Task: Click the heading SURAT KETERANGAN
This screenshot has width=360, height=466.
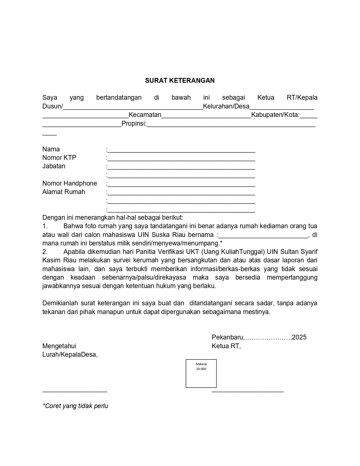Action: point(180,80)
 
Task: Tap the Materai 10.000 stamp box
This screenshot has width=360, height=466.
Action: point(201,373)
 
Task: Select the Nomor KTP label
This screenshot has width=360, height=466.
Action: point(59,158)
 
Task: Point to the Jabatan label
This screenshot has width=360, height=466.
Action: point(54,166)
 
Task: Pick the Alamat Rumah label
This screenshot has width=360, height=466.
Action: point(64,192)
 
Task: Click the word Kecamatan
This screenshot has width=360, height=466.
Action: point(145,115)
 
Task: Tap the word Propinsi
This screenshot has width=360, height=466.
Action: point(134,123)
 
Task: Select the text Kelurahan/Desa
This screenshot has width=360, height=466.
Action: point(226,106)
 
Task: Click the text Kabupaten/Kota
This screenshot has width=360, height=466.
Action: point(275,115)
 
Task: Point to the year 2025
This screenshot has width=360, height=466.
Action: point(299,337)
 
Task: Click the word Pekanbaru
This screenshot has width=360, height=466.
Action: point(227,337)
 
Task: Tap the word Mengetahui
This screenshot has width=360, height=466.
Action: point(59,346)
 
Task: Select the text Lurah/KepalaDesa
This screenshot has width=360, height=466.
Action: point(69,354)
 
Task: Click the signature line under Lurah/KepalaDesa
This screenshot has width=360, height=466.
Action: point(75,391)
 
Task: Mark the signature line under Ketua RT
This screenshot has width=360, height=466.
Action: point(248,391)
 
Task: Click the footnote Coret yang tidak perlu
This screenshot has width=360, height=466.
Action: point(75,406)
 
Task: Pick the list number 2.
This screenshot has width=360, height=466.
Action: point(45,252)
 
